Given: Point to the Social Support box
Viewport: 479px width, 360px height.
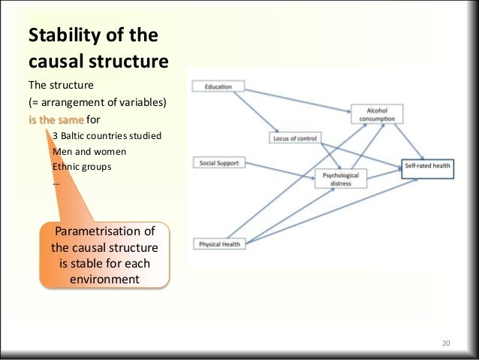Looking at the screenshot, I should [218, 162].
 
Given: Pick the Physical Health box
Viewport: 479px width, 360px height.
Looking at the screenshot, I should [219, 244].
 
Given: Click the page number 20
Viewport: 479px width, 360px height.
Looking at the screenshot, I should [445, 343].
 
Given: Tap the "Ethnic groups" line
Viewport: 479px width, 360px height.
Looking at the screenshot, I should [80, 166].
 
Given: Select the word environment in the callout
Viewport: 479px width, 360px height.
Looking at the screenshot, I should [104, 280].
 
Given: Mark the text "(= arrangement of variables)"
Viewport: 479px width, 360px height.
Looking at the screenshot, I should [97, 102].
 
